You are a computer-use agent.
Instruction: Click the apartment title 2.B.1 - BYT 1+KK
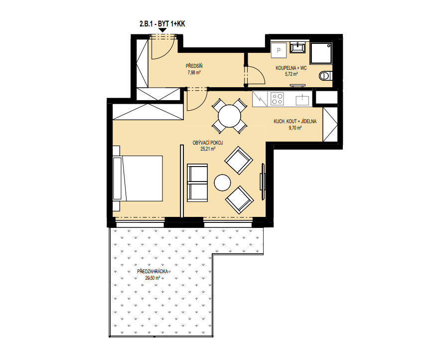[162, 24]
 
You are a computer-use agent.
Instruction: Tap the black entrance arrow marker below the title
[162, 30]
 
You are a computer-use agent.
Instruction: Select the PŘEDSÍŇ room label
[194, 66]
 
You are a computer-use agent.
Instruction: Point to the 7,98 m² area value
[194, 72]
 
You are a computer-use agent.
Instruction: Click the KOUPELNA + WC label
[291, 68]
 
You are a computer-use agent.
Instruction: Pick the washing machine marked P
[279, 50]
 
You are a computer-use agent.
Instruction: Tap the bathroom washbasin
[297, 48]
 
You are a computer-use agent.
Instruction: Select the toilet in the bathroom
[326, 76]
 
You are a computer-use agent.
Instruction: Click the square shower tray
[321, 53]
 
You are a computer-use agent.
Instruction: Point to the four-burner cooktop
[278, 99]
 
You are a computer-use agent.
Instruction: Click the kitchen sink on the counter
[302, 100]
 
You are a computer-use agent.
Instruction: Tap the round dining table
[229, 116]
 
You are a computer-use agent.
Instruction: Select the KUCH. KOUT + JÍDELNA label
[295, 122]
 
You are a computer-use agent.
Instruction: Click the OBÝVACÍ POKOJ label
[208, 143]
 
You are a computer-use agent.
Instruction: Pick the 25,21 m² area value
[208, 149]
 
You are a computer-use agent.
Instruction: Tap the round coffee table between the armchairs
[222, 182]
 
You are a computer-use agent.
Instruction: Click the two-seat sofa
[197, 182]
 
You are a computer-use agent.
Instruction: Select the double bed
[138, 178]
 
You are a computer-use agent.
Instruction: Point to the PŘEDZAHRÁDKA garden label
[152, 272]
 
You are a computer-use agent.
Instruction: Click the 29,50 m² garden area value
[152, 278]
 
